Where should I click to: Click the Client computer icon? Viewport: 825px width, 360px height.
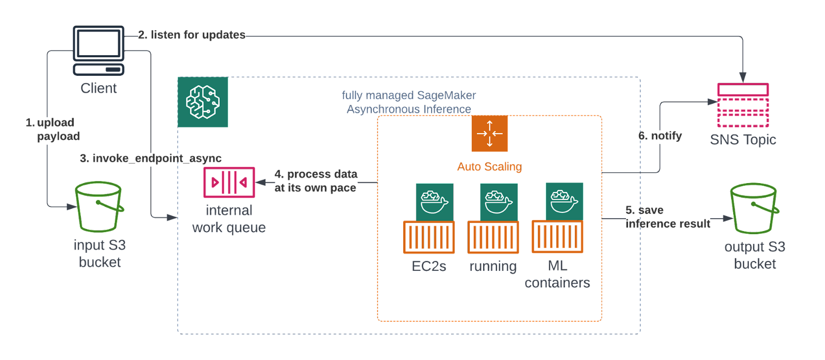[x=98, y=50]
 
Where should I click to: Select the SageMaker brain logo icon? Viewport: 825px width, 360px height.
[x=203, y=102]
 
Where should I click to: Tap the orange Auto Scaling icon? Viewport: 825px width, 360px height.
[x=489, y=134]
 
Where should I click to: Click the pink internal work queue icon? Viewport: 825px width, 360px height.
[x=229, y=182]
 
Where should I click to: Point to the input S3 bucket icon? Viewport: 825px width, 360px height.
[x=98, y=207]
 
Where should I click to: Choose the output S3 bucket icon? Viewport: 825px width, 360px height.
[x=754, y=208]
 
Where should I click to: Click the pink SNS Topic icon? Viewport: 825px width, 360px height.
[x=743, y=105]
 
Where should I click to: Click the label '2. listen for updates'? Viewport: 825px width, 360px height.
[x=192, y=35]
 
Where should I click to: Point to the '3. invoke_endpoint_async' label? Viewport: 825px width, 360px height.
[x=151, y=158]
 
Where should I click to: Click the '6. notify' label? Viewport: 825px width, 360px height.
[x=661, y=136]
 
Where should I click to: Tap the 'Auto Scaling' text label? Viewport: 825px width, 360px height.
[x=489, y=167]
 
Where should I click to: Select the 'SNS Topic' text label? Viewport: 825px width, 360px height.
[x=743, y=139]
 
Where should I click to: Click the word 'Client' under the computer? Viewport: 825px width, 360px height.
[x=98, y=88]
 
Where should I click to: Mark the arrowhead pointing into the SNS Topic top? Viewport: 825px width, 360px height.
[x=742, y=78]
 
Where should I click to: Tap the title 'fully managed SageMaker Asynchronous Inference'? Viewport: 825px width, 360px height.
[x=409, y=102]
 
